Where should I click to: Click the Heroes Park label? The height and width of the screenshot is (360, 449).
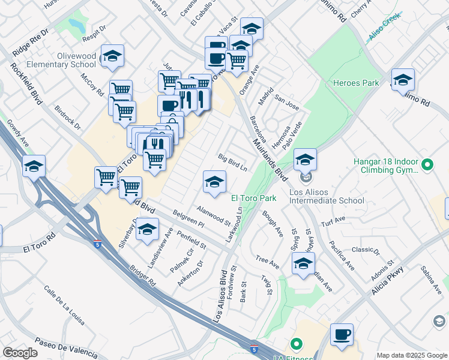click(x=356, y=83)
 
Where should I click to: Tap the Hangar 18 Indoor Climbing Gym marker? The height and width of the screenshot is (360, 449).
click(x=427, y=164)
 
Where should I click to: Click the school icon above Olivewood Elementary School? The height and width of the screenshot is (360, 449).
click(x=112, y=57)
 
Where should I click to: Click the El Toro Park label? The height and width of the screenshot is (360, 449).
click(x=253, y=197)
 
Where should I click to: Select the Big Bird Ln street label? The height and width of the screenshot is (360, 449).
click(x=232, y=162)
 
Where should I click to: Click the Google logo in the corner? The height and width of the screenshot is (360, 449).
click(x=20, y=353)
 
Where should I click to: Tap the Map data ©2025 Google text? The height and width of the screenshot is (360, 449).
click(x=412, y=355)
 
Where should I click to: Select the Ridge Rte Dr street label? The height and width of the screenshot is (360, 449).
click(x=29, y=43)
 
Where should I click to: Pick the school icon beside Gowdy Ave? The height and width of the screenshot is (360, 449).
click(x=34, y=166)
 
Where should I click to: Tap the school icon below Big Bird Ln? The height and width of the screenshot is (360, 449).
click(x=214, y=182)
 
